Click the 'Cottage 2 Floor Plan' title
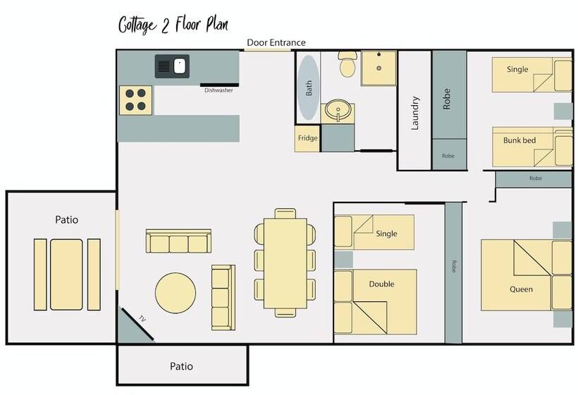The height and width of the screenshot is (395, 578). point(173,25)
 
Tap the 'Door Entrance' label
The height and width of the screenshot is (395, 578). point(276,42)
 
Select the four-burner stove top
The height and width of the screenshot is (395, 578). point(135,100)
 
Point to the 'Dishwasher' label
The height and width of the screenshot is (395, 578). point(219,90)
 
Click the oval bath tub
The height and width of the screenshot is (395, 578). point(308,87)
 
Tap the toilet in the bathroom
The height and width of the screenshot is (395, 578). point(348,63)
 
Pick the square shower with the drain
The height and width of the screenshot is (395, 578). point(379,68)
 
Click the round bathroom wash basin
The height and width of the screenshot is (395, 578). point(338,110)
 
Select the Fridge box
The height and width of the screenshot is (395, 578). point(307,138)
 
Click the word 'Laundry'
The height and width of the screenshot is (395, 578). point(415,114)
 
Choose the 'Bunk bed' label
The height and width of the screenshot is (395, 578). point(519,140)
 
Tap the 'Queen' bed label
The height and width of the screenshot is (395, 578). point(521,289)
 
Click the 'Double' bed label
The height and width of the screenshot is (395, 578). point(381,284)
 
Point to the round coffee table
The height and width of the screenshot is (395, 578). point(176,293)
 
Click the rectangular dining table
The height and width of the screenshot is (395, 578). point(285,263)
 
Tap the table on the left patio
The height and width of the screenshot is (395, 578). point(66,275)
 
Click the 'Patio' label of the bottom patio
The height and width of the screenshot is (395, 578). point(181,366)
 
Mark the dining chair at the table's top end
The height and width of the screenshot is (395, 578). point(285,214)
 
